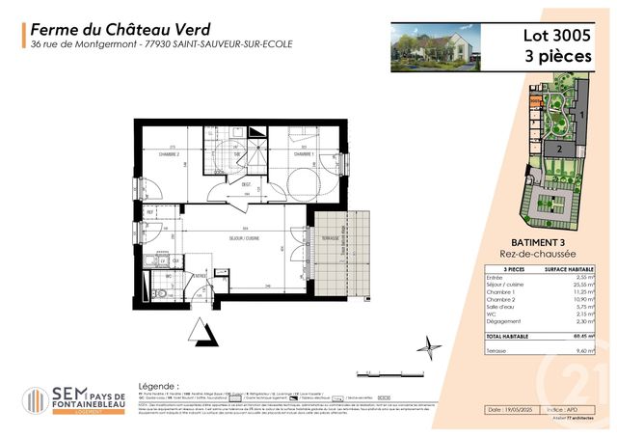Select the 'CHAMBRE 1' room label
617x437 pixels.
click(305, 154)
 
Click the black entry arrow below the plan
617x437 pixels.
click(203, 333)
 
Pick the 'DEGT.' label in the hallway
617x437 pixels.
click(247, 184)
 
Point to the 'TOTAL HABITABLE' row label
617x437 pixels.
click(510, 335)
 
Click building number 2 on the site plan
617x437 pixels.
click(557, 150)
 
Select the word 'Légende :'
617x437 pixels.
click(159, 384)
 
